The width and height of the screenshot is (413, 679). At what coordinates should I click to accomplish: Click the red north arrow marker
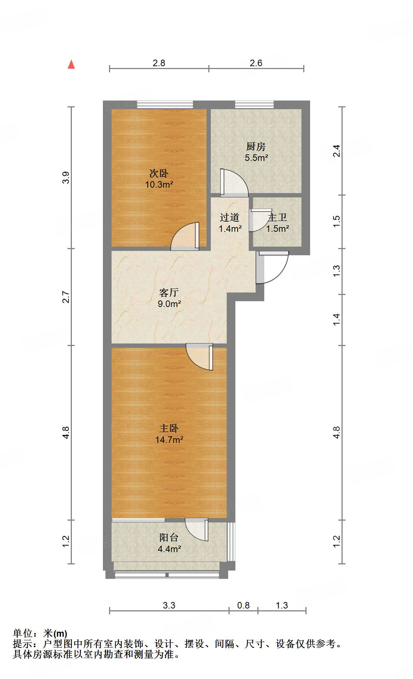(x=71, y=64)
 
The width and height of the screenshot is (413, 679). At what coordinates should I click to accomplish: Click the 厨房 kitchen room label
(x=256, y=146)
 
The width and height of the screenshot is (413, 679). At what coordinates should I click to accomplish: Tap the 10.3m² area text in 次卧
(x=159, y=185)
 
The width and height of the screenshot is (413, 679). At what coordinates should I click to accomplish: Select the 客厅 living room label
(x=169, y=292)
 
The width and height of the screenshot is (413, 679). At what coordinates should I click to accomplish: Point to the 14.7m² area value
(x=169, y=440)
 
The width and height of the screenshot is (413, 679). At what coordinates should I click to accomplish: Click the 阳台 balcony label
(x=169, y=537)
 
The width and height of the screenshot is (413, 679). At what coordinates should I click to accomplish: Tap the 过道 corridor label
(x=230, y=217)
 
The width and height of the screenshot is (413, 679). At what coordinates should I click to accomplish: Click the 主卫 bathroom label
(x=277, y=217)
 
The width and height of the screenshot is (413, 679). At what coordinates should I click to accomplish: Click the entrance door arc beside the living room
(x=273, y=268)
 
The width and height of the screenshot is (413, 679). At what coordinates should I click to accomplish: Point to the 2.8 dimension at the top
(x=159, y=63)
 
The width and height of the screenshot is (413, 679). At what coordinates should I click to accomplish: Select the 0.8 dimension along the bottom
(x=243, y=605)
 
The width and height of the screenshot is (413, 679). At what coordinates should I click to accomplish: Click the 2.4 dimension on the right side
(x=336, y=151)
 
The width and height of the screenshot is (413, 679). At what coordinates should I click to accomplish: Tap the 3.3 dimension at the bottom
(x=169, y=605)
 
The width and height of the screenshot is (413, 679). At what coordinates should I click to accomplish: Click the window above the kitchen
(x=255, y=104)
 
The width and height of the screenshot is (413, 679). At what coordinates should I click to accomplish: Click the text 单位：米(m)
(x=40, y=633)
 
